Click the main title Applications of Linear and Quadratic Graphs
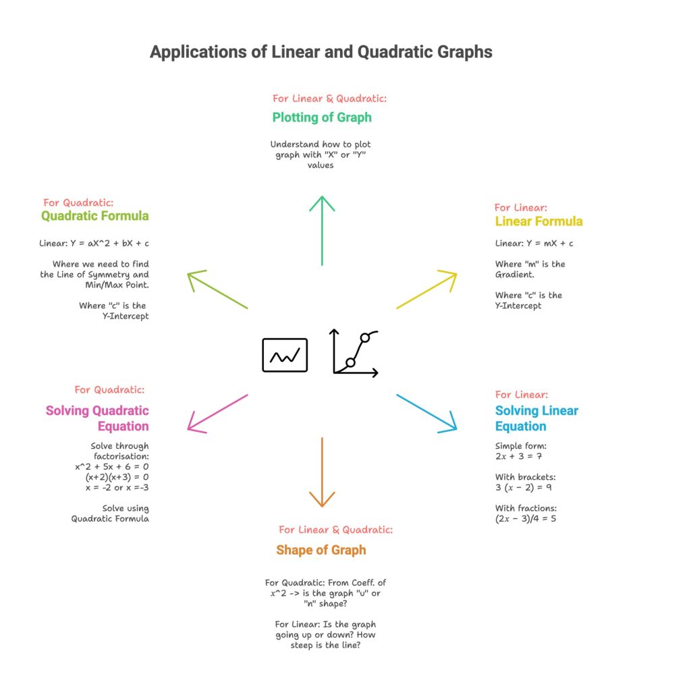tap(321, 52)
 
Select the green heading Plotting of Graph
tap(322, 117)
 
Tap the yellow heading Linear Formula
tap(538, 221)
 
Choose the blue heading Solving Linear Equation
tap(536, 418)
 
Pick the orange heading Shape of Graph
tap(321, 550)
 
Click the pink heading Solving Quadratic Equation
tap(97, 418)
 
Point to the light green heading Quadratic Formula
tap(95, 216)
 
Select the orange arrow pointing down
tap(323, 472)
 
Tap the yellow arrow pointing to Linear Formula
tap(427, 290)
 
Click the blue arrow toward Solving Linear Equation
tap(427, 412)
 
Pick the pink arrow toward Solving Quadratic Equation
tap(217, 412)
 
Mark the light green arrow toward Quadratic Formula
tap(217, 290)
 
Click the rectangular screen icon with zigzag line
tap(285, 355)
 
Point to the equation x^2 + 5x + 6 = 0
tap(112, 466)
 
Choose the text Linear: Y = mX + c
tap(534, 243)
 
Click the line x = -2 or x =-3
tap(112, 488)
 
